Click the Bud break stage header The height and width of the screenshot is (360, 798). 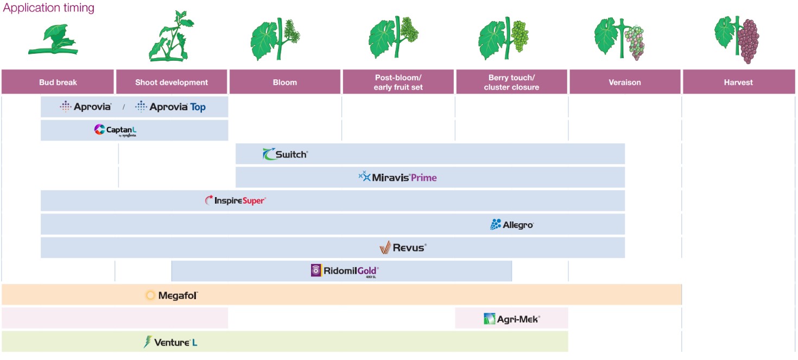point(58,82)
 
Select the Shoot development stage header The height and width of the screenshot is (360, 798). point(172,82)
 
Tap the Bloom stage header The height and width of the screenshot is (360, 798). point(285,82)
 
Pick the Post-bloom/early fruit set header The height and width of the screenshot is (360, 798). point(398,82)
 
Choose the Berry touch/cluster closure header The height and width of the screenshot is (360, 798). point(511,82)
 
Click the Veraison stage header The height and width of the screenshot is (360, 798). point(624,82)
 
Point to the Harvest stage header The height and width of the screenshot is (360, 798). point(738,82)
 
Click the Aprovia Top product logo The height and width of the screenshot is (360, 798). point(170,107)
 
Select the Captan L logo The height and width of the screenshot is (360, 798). point(115,130)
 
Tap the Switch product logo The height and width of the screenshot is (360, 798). point(285,154)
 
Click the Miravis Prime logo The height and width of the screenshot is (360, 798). point(397,177)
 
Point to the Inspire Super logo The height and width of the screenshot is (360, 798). point(235,200)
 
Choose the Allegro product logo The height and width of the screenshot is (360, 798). point(511,224)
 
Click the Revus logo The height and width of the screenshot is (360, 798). point(403,248)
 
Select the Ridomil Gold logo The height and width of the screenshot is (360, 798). point(344,270)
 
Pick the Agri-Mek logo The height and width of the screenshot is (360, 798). point(511,319)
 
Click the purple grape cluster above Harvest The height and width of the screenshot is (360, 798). point(750,41)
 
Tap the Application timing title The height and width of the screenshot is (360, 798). point(49,8)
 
